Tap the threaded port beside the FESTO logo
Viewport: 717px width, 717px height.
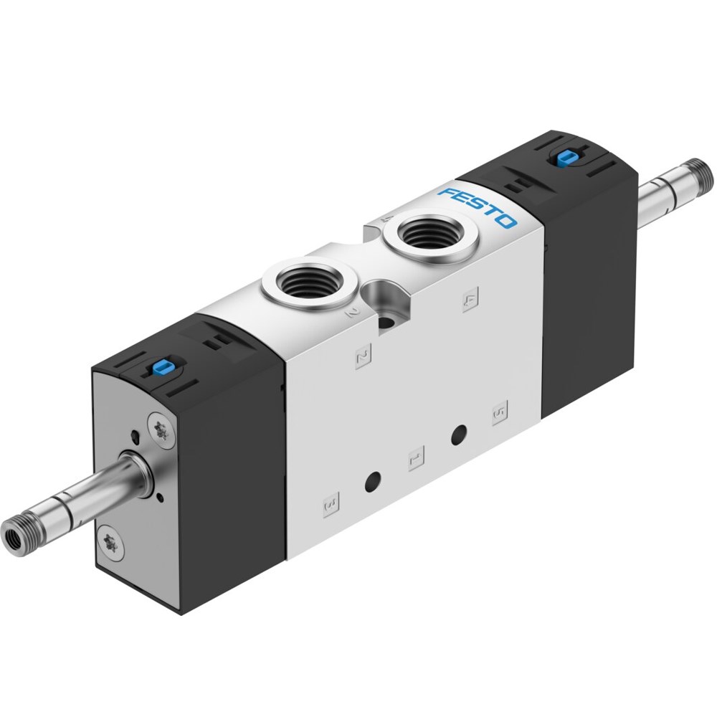431,234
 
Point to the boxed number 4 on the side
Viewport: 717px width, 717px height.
470,300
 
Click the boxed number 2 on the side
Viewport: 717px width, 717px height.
363,356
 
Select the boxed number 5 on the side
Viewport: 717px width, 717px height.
499,412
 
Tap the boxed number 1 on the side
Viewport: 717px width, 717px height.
416,458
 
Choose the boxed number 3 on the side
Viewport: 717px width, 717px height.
331,504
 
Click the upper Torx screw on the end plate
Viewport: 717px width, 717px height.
161,429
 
